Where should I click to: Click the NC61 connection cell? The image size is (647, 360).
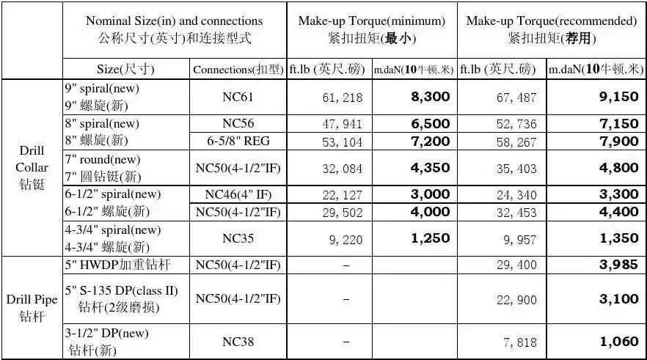tap(238, 97)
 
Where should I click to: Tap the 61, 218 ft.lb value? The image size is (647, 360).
tap(342, 98)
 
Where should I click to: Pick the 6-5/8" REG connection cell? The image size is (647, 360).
tap(238, 142)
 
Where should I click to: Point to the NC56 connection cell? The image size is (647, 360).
tap(238, 124)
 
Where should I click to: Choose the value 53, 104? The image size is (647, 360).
tap(342, 142)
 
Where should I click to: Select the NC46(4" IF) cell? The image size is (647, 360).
tap(238, 194)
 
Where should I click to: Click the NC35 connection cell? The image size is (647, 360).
tap(238, 238)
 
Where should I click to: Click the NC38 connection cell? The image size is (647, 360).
tap(238, 342)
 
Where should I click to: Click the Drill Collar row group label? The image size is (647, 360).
tap(32, 168)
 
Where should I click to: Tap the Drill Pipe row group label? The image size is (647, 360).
tap(32, 307)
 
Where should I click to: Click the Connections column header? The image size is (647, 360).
tap(238, 70)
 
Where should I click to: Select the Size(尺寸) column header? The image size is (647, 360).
tap(125, 70)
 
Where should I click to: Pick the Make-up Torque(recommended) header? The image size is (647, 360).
tap(552, 29)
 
